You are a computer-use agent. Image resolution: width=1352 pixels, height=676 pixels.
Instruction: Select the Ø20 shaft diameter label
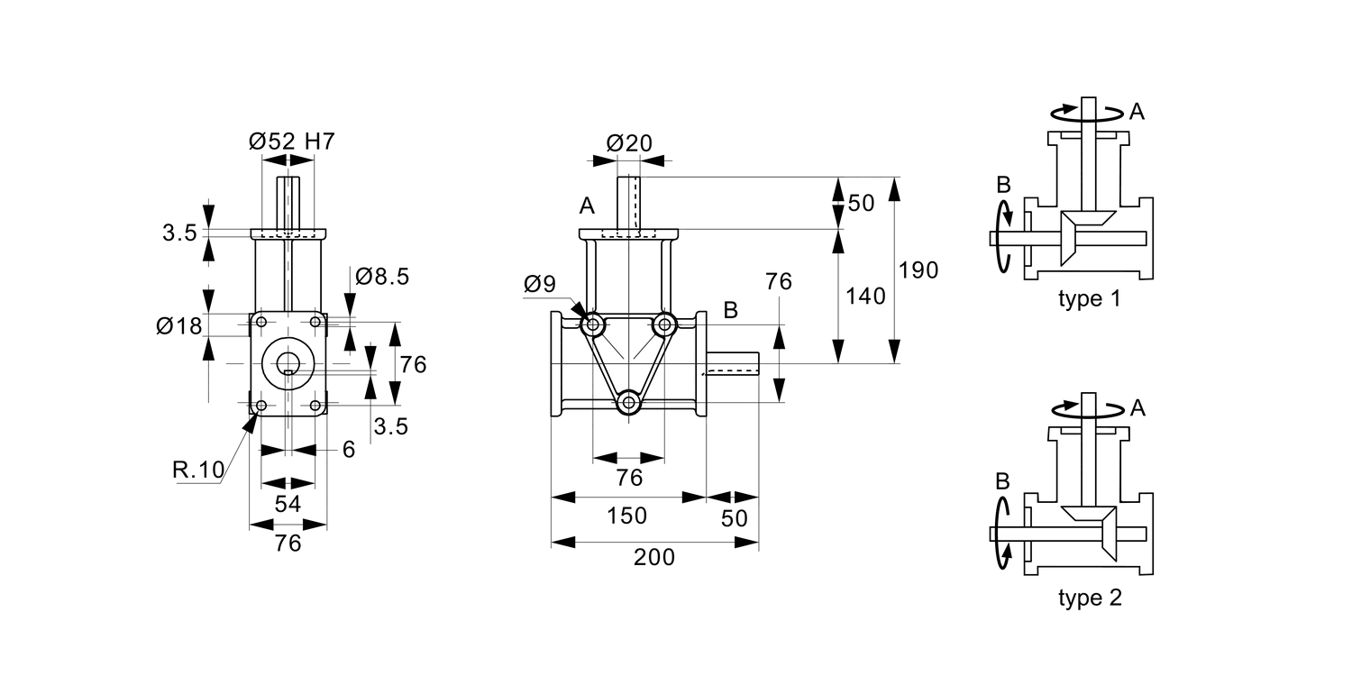click(629, 142)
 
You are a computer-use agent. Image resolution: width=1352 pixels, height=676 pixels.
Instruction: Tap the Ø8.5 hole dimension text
click(382, 277)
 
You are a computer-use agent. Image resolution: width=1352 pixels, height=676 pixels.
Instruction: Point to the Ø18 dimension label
click(178, 325)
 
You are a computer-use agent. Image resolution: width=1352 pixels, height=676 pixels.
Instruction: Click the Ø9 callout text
click(540, 285)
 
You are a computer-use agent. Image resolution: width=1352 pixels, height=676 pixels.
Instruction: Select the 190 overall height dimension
click(919, 270)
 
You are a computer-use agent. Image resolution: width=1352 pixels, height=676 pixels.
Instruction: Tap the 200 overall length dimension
click(653, 558)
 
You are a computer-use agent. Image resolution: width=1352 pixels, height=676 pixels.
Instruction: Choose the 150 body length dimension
click(626, 516)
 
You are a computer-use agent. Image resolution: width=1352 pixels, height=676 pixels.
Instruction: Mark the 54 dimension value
click(288, 505)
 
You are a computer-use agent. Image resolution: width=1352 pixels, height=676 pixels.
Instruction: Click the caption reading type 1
click(1089, 299)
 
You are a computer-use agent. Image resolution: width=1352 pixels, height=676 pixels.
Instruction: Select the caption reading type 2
click(1089, 598)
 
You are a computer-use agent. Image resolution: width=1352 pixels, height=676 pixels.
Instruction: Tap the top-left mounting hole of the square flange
click(261, 322)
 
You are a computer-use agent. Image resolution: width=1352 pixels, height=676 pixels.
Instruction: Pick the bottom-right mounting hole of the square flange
click(315, 406)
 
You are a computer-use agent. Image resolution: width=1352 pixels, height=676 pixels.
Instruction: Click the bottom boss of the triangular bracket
click(628, 402)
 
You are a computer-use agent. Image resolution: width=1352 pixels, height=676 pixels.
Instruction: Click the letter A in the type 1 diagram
click(1137, 112)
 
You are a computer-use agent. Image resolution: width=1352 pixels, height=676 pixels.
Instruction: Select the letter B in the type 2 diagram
click(1001, 481)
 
